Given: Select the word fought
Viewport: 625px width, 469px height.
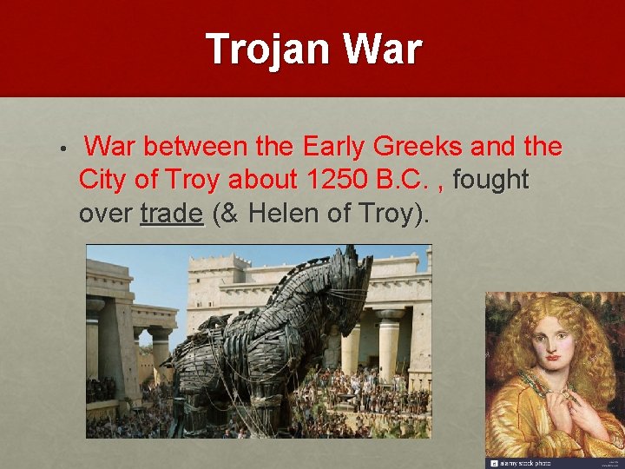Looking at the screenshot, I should pos(491,180).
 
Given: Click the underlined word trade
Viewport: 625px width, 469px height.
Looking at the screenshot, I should pos(171,214).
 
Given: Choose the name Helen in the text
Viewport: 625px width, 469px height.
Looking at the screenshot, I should pos(281,214).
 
